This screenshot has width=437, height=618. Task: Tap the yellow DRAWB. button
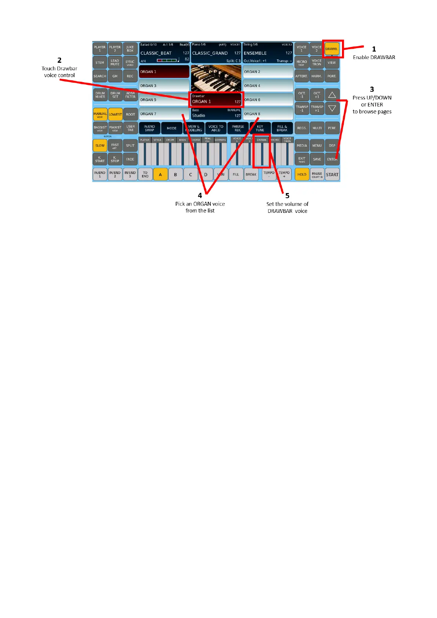coord(332,49)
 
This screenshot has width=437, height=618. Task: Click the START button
coord(332,175)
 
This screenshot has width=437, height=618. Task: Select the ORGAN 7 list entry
coord(164,114)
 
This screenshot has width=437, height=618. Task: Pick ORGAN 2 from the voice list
coord(268,72)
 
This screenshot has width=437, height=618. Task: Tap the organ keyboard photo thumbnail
coord(216,78)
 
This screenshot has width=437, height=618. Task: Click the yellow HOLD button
coord(302,175)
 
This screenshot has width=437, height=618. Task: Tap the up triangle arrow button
coord(332,95)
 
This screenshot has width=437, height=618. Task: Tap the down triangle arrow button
coord(332,108)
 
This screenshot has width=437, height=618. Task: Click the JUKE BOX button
coord(130,49)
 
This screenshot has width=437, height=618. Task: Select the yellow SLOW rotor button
coord(100,146)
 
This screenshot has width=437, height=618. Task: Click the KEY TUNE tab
coord(260,128)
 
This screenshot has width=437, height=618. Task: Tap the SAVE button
coord(317,159)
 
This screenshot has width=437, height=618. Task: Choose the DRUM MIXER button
coord(100,95)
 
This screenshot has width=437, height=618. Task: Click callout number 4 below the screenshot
coord(200,196)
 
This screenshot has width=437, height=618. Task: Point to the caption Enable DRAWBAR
coord(374,57)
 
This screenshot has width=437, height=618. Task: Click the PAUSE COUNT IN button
coord(317,175)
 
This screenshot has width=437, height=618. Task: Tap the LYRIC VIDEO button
coord(130,63)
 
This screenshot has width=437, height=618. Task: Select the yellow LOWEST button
coord(115,114)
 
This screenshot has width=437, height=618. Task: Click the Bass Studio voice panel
coord(216,113)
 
